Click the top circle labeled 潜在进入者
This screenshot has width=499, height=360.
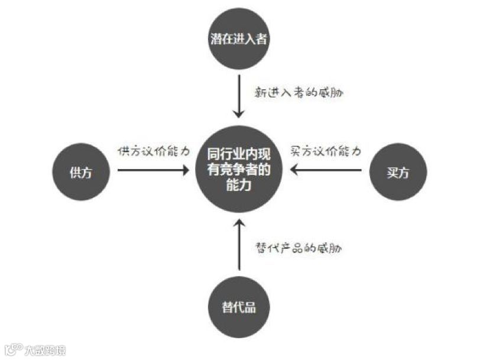point(238,40)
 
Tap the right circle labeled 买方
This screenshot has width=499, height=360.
point(397,171)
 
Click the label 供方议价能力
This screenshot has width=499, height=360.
point(154,151)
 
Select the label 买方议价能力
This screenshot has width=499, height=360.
point(325,151)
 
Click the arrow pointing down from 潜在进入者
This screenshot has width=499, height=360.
point(238,95)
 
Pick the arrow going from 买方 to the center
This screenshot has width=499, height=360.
point(325,170)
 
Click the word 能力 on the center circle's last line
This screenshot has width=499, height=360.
point(238,186)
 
